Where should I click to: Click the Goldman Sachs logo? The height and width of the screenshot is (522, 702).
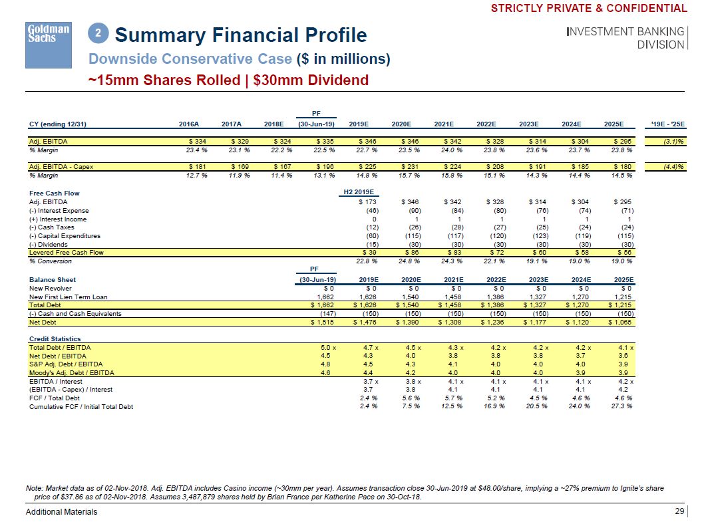pyautogui.click(x=48, y=44)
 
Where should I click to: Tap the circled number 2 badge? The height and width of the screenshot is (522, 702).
pyautogui.click(x=98, y=33)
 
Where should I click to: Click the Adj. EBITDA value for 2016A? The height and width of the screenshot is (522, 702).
pyautogui.click(x=197, y=142)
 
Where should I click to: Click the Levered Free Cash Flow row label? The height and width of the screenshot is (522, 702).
pyautogui.click(x=67, y=253)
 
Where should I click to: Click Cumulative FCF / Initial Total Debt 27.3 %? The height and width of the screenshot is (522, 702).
pyautogui.click(x=620, y=407)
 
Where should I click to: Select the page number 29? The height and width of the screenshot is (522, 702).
pyautogui.click(x=679, y=511)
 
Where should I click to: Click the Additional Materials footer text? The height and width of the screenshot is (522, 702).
pyautogui.click(x=61, y=511)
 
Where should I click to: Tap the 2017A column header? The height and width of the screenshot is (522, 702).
pyautogui.click(x=231, y=124)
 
